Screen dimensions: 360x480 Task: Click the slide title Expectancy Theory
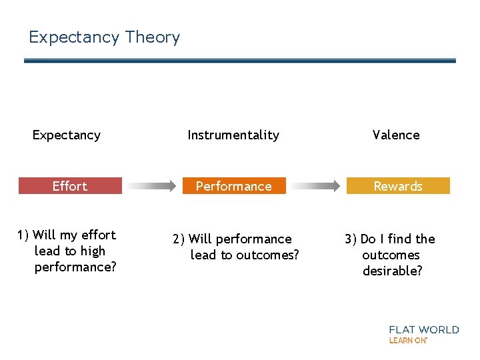104,37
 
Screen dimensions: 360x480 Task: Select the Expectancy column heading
67,135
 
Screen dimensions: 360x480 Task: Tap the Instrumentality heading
233,135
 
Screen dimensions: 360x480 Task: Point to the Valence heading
396,135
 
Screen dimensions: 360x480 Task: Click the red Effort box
70,186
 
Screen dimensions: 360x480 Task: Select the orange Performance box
233,186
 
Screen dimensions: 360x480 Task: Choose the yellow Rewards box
398,186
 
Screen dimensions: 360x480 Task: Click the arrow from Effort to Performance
152,186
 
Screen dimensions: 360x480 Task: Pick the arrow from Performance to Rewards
316,186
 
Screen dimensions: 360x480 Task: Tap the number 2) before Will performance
179,239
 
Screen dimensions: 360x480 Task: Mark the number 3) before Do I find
351,239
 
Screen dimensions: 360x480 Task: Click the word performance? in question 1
75,267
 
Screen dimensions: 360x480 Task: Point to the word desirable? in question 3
393,271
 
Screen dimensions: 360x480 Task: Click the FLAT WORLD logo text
424,329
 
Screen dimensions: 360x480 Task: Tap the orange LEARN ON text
407,341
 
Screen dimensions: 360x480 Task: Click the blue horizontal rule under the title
240,61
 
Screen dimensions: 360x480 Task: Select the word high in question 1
93,251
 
